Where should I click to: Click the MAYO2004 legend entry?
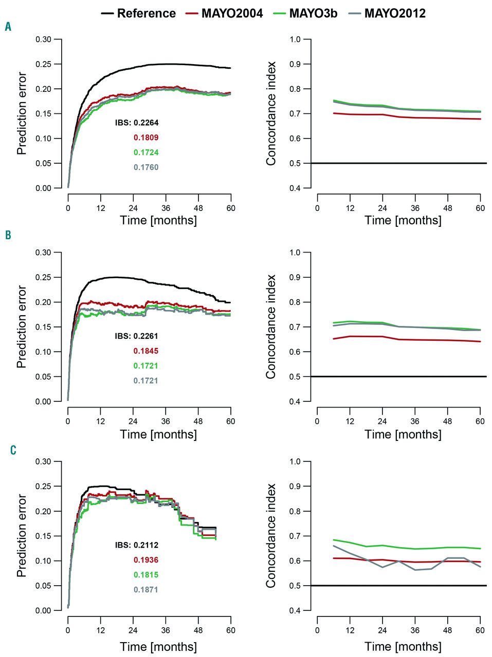tap(232, 13)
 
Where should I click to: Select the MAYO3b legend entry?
tap(313, 13)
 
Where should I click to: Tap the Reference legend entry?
tap(146, 13)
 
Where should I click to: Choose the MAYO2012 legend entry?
tap(395, 13)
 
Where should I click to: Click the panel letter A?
tap(8, 27)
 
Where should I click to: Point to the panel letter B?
tap(8, 235)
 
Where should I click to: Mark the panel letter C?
tap(13, 450)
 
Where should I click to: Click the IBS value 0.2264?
tap(146, 123)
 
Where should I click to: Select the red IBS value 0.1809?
tap(146, 138)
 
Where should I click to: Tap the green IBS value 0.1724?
tap(146, 152)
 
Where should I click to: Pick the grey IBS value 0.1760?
tap(146, 167)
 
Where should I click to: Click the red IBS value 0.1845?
tap(146, 351)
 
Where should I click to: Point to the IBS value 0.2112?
tap(146, 545)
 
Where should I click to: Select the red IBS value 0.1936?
tap(146, 560)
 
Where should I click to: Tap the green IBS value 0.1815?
tap(146, 575)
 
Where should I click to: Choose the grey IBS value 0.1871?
tap(146, 590)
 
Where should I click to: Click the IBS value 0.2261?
tap(146, 336)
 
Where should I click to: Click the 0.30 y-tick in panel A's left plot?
tap(44, 40)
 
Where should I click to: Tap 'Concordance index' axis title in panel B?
tap(271, 327)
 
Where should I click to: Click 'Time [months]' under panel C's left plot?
tap(158, 647)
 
